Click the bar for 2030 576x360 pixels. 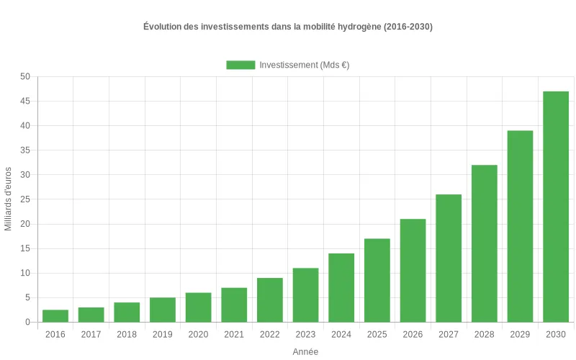[555, 207]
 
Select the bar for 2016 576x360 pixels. [55, 315]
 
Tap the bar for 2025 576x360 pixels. [377, 280]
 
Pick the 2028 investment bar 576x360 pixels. [484, 243]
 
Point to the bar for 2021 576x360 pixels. [234, 305]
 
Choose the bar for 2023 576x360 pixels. [305, 294]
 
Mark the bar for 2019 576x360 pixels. [163, 310]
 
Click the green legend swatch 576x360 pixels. [240, 65]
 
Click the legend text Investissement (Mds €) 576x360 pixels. [304, 65]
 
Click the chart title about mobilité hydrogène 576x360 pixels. [288, 27]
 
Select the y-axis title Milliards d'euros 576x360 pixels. [9, 199]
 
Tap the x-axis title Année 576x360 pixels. [305, 351]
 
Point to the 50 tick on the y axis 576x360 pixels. [25, 76]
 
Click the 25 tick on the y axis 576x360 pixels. [25, 199]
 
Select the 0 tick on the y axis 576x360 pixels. [27, 322]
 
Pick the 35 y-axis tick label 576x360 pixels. [25, 150]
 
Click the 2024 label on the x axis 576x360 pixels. [341, 334]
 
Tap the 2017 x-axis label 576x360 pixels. [91, 334]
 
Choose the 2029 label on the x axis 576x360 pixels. [520, 334]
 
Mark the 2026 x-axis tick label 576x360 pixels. [413, 334]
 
